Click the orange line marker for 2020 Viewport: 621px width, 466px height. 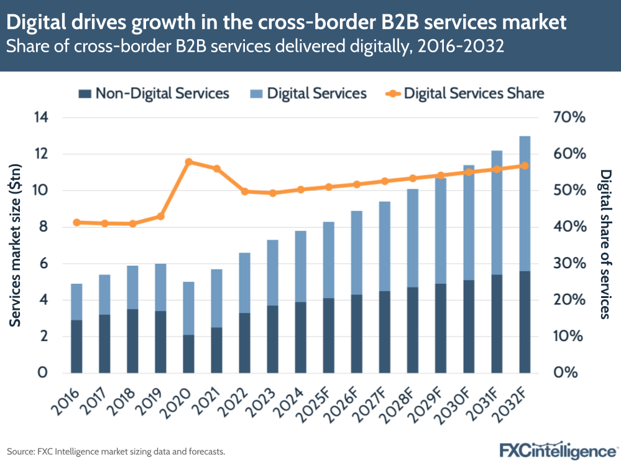(x=188, y=162)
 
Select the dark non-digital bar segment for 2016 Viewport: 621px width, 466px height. (x=76, y=347)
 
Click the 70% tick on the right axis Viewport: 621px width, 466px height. (x=569, y=118)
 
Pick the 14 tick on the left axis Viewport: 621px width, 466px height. (x=41, y=118)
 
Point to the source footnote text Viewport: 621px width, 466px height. (x=116, y=450)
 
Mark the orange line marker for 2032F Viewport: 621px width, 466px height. (x=525, y=166)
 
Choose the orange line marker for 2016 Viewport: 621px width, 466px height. (x=76, y=222)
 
